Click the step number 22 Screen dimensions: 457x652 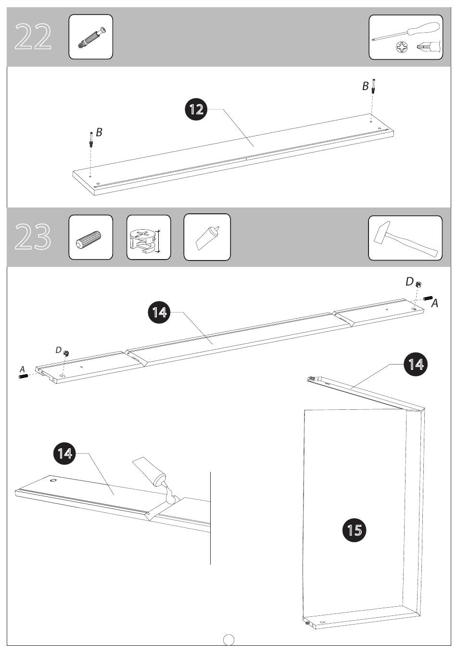33,37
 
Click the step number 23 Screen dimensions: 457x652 33,236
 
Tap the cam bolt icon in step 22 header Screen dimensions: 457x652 92,37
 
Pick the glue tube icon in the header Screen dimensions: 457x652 207,238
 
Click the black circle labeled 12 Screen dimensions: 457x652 196,109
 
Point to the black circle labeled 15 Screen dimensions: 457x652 354,530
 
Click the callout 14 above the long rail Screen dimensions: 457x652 159,313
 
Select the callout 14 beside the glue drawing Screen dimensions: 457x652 64,453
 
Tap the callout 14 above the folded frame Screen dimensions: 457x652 416,364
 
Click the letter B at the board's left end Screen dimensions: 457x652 99,132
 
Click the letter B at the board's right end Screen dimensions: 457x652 365,86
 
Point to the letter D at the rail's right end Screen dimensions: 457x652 409,282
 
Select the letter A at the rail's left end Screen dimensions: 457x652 23,369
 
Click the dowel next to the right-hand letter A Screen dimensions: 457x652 428,298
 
